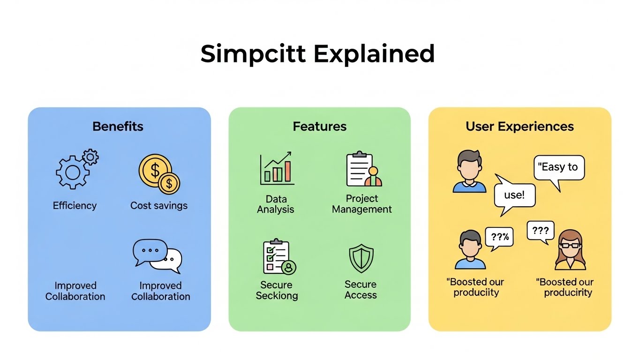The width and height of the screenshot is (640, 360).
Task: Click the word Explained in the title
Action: (x=374, y=54)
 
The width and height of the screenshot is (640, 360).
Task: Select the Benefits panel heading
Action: (x=118, y=127)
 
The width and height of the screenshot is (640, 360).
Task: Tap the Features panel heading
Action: (x=319, y=127)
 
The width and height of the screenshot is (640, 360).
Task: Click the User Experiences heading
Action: (x=520, y=127)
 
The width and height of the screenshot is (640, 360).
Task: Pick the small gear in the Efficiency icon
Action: (x=90, y=157)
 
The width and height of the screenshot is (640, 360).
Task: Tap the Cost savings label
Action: (x=159, y=206)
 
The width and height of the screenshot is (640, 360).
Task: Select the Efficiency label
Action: (x=75, y=206)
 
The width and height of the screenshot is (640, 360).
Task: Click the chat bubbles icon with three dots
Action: (x=157, y=256)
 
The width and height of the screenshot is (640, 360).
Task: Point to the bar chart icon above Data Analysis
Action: (x=277, y=169)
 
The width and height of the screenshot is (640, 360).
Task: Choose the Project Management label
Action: (x=361, y=204)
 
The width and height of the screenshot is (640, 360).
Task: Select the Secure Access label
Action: (x=361, y=290)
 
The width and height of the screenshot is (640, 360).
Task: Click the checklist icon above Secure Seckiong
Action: (x=279, y=257)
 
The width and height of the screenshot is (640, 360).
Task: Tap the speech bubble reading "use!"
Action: (x=514, y=195)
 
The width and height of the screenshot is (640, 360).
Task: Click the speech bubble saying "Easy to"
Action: (x=559, y=168)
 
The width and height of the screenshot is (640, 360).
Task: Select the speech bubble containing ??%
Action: (x=500, y=237)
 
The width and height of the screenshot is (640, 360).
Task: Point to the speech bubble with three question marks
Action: (x=540, y=231)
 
